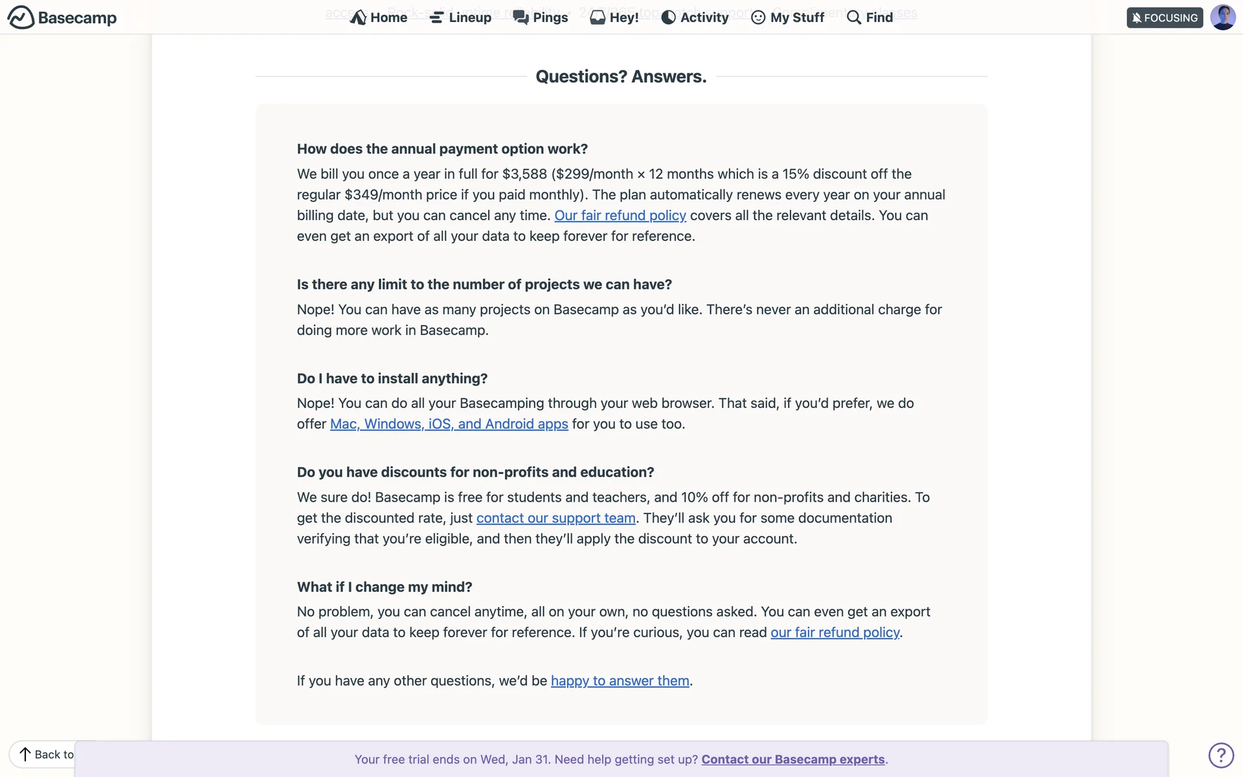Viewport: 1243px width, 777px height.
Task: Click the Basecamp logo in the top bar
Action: (x=62, y=17)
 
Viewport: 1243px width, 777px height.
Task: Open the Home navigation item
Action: (x=379, y=17)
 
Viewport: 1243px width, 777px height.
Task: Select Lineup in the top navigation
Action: (x=460, y=17)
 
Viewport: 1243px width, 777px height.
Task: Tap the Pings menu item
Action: (x=541, y=17)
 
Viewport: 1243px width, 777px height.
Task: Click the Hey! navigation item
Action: (x=614, y=17)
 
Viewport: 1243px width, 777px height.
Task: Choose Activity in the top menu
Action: (x=695, y=17)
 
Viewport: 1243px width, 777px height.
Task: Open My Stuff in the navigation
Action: (x=788, y=17)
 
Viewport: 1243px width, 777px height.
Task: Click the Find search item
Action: (x=869, y=17)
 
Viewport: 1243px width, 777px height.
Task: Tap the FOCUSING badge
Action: (x=1164, y=17)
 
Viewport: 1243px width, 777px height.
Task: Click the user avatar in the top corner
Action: (x=1222, y=17)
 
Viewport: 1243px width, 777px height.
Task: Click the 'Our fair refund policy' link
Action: (x=620, y=216)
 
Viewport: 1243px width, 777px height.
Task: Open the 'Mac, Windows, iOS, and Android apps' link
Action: (x=449, y=424)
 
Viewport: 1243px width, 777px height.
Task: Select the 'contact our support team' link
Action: (x=555, y=518)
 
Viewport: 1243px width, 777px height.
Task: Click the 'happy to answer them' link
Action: (x=620, y=681)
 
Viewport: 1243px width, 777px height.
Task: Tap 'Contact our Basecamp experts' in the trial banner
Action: (x=792, y=760)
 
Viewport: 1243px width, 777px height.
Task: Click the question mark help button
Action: (x=1220, y=755)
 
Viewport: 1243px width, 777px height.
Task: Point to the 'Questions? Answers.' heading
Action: (x=621, y=76)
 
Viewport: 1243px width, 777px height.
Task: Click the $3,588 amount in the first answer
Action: (x=524, y=174)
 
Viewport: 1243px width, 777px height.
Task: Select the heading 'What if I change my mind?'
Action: (x=385, y=587)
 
